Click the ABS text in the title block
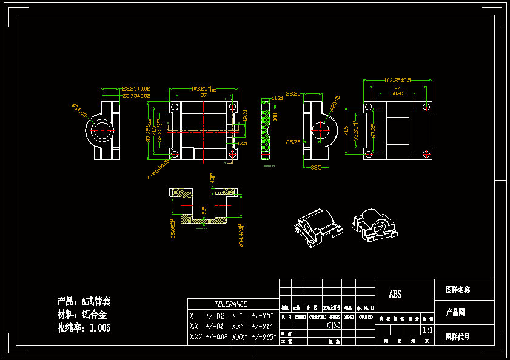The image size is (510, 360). (395, 295)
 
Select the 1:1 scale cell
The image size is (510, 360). (427, 330)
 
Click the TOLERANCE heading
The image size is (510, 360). (231, 304)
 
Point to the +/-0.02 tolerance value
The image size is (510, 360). (216, 336)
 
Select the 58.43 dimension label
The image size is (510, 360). (398, 93)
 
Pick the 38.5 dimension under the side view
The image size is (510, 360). (317, 167)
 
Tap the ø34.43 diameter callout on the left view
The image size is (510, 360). (79, 111)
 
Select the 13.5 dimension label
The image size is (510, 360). (242, 144)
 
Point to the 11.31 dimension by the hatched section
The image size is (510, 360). (277, 98)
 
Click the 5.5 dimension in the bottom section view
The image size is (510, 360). (204, 210)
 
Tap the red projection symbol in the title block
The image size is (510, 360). (334, 325)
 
